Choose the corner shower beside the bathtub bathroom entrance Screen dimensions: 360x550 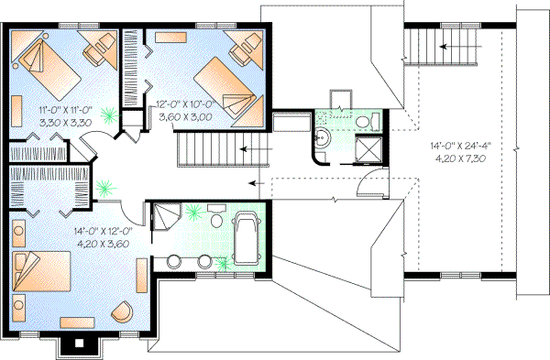[167, 215]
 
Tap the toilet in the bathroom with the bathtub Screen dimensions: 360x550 [216, 221]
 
